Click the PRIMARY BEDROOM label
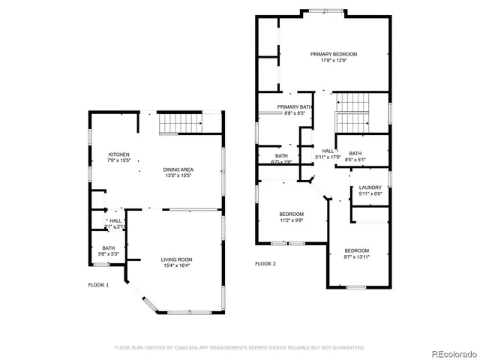pyautogui.click(x=334, y=54)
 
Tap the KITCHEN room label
pyautogui.click(x=118, y=154)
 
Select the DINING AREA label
pyautogui.click(x=178, y=169)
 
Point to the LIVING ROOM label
pyautogui.click(x=176, y=259)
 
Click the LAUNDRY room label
pyautogui.click(x=370, y=187)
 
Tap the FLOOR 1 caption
pyautogui.click(x=98, y=285)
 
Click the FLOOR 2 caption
pyautogui.click(x=265, y=264)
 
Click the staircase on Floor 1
pyautogui.click(x=179, y=122)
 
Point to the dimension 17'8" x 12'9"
pyautogui.click(x=334, y=61)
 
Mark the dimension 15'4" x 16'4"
pyautogui.click(x=176, y=265)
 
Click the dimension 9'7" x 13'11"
pyautogui.click(x=356, y=256)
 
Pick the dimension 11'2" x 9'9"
pyautogui.click(x=291, y=220)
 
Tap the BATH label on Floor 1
pyautogui.click(x=109, y=248)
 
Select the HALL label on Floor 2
pyautogui.click(x=328, y=151)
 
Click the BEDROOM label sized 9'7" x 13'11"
pyautogui.click(x=356, y=250)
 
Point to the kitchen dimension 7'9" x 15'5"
pyautogui.click(x=118, y=160)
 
